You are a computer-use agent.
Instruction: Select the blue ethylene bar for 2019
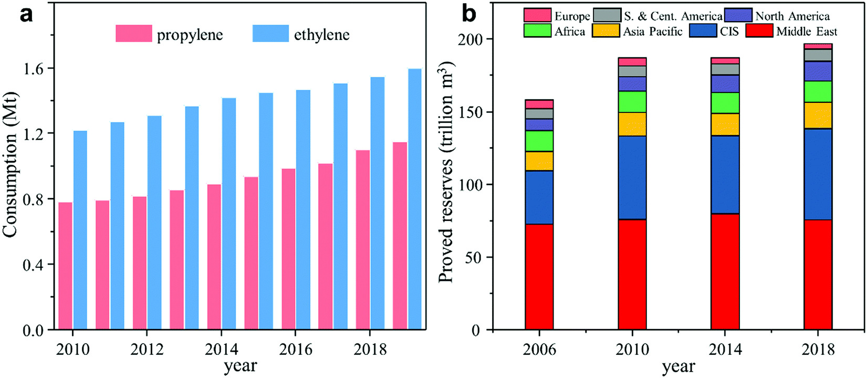(x=414, y=199)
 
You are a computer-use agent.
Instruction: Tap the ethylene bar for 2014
(x=228, y=214)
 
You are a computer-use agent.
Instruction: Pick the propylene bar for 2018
(x=363, y=240)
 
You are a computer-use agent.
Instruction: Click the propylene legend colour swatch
(x=134, y=34)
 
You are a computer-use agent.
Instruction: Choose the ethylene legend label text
(x=321, y=35)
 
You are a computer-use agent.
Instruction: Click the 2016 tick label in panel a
(x=295, y=349)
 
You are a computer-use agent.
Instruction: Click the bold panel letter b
(x=468, y=14)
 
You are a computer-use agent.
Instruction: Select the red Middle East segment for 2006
(x=539, y=277)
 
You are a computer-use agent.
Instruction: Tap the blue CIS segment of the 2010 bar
(x=632, y=177)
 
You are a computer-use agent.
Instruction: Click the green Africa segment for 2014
(x=725, y=103)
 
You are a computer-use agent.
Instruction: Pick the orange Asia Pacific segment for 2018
(x=818, y=115)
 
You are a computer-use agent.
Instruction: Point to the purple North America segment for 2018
(x=818, y=71)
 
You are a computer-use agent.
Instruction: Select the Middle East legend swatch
(x=759, y=31)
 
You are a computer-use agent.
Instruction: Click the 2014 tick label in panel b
(x=725, y=349)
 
